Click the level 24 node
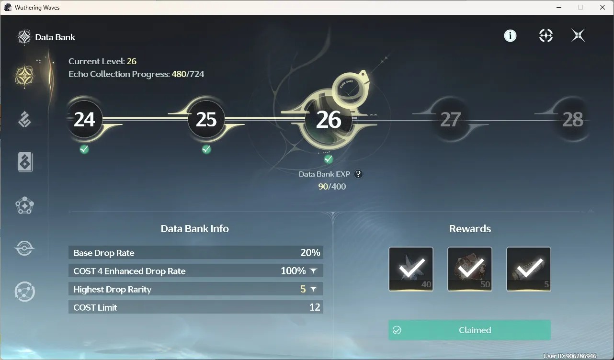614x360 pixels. pos(84,120)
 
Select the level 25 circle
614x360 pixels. pos(206,120)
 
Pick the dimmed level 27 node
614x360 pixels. pos(450,120)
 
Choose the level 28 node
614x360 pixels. pos(573,120)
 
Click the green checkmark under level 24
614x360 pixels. pos(84,149)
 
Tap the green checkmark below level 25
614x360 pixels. pos(206,149)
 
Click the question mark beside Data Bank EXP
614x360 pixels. pos(358,174)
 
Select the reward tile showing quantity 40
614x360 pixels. pos(411,269)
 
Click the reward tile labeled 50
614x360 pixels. pos(470,269)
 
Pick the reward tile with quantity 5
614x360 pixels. pos(529,269)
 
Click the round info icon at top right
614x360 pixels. pos(510,35)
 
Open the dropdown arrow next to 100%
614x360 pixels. pos(313,270)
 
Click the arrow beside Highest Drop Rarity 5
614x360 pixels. pos(313,289)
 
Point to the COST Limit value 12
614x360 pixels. pos(315,307)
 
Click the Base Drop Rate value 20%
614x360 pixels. pos(310,252)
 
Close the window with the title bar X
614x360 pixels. pos(603,7)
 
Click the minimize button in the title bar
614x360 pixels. pos(559,7)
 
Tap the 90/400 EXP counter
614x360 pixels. pos(332,187)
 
